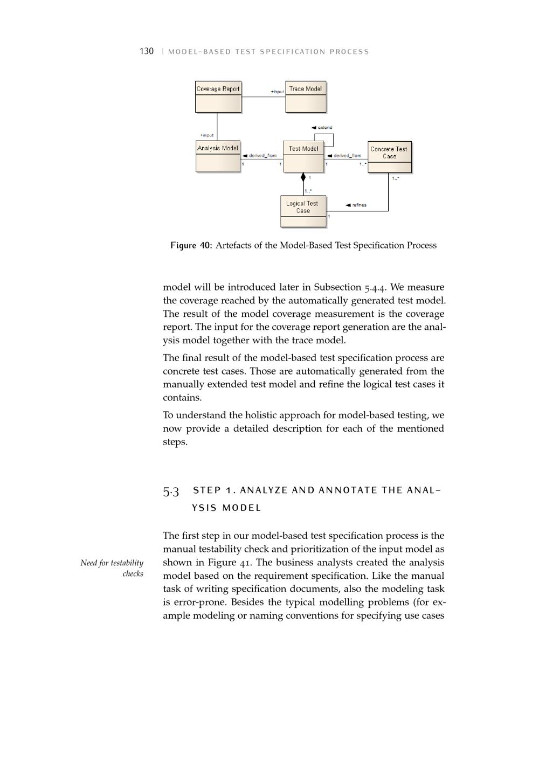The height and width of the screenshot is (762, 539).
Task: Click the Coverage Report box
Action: tap(218, 96)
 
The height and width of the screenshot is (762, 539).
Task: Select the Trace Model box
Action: tap(306, 96)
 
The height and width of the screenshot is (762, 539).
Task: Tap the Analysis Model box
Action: tap(218, 156)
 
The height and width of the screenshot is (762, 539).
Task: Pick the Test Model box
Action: tap(303, 156)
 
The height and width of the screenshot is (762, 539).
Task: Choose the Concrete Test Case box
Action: tap(389, 157)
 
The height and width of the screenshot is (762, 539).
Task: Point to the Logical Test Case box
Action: tap(303, 211)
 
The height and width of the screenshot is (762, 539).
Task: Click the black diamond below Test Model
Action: tap(303, 177)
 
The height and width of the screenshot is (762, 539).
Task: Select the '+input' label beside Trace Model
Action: tap(277, 92)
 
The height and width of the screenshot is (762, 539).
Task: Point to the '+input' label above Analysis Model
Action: tap(207, 135)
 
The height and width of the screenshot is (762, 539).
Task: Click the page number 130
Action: tap(147, 52)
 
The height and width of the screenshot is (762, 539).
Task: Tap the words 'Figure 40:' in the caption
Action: tap(191, 246)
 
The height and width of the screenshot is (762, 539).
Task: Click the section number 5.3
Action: tap(171, 491)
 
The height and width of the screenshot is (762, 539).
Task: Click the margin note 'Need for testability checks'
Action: tap(112, 568)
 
